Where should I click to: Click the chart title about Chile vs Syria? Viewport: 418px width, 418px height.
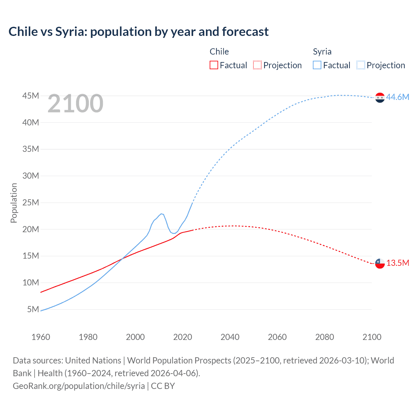[x=138, y=32]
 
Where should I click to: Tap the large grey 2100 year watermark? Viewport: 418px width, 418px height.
[x=75, y=104]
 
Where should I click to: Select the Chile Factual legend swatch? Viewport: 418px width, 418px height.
[x=214, y=65]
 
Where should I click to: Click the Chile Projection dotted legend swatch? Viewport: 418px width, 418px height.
[x=257, y=65]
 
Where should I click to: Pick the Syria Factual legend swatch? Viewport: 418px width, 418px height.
[x=317, y=65]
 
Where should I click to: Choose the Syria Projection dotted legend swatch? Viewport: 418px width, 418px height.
[x=361, y=65]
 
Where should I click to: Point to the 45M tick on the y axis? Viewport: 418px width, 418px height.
[x=31, y=96]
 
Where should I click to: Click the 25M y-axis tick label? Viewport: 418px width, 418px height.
[x=31, y=202]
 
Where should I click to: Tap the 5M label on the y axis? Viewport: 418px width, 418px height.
[x=33, y=309]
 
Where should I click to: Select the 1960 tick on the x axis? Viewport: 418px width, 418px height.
[x=41, y=337]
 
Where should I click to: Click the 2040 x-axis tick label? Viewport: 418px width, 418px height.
[x=230, y=337]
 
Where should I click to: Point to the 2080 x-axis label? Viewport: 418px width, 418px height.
[x=325, y=337]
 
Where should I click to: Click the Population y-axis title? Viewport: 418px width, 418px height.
[x=14, y=203]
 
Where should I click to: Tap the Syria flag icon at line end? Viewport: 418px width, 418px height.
[x=380, y=98]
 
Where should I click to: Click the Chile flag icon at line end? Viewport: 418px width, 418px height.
[x=380, y=263]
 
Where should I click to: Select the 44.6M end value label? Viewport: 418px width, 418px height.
[x=397, y=97]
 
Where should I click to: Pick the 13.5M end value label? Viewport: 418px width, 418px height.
[x=397, y=263]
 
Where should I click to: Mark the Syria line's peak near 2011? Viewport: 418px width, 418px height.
[x=161, y=214]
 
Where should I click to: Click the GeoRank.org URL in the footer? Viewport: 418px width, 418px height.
[x=79, y=386]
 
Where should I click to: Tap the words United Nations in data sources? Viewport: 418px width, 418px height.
[x=93, y=361]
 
